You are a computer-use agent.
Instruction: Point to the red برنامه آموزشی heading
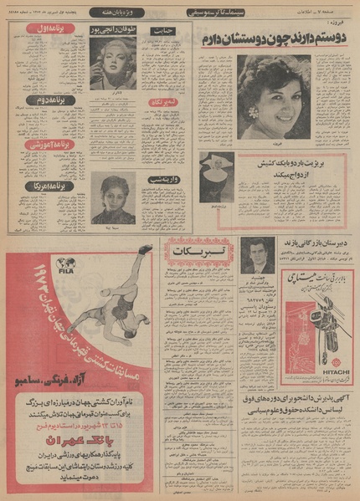[33, 145]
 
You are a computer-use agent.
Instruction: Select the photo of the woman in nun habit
[213, 176]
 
